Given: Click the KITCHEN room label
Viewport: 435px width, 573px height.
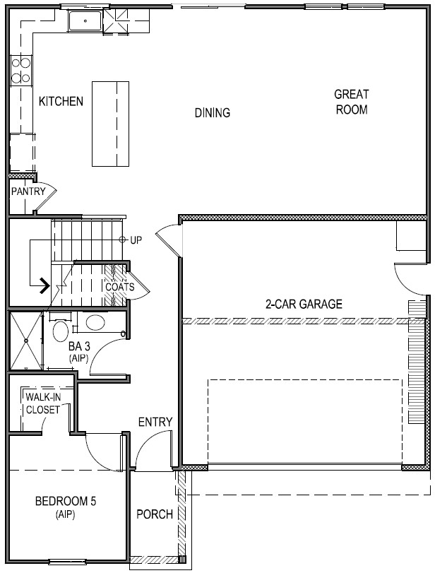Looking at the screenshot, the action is point(61,101).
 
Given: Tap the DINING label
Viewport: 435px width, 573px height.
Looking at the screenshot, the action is point(213,112).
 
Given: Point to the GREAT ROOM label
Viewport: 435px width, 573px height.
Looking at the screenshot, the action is point(352,102).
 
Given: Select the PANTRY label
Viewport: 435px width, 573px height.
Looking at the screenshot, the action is point(28,191).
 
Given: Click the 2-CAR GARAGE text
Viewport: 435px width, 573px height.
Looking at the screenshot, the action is point(304,304).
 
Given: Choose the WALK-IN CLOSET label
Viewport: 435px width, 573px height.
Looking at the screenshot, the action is point(43,403).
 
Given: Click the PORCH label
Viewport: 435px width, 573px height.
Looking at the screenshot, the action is point(155,514).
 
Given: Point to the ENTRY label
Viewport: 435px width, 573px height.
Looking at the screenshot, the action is point(155,422).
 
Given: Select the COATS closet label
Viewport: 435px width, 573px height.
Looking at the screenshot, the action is point(120,287).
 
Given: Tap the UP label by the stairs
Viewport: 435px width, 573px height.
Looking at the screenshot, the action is point(136,240).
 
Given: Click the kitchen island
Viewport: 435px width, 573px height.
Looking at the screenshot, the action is point(110,124).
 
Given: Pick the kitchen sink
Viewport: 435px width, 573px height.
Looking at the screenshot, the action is point(85,21).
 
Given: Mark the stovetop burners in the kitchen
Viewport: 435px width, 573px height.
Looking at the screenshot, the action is point(20,70).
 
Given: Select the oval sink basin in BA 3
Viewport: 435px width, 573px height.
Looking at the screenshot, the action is point(95,323).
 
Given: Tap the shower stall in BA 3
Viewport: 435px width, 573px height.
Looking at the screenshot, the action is point(26,341).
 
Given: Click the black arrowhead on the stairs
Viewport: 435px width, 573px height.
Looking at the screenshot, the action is point(44,285).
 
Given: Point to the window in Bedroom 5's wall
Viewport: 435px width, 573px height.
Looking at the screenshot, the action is point(65,561).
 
